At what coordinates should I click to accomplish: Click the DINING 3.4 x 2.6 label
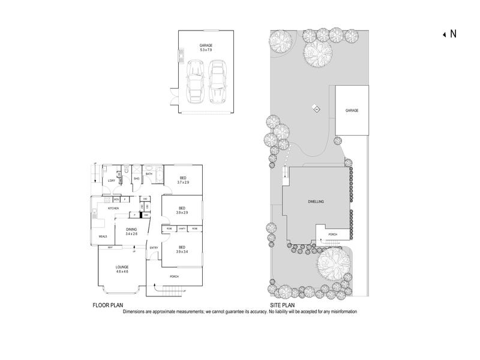131,231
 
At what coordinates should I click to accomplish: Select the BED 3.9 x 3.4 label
181,250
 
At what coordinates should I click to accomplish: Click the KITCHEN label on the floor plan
114,208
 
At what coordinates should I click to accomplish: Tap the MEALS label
103,236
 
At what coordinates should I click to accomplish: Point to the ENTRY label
154,248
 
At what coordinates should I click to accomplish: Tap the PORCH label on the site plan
334,234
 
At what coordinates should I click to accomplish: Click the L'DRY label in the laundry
111,181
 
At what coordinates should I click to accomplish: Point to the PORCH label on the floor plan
175,276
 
